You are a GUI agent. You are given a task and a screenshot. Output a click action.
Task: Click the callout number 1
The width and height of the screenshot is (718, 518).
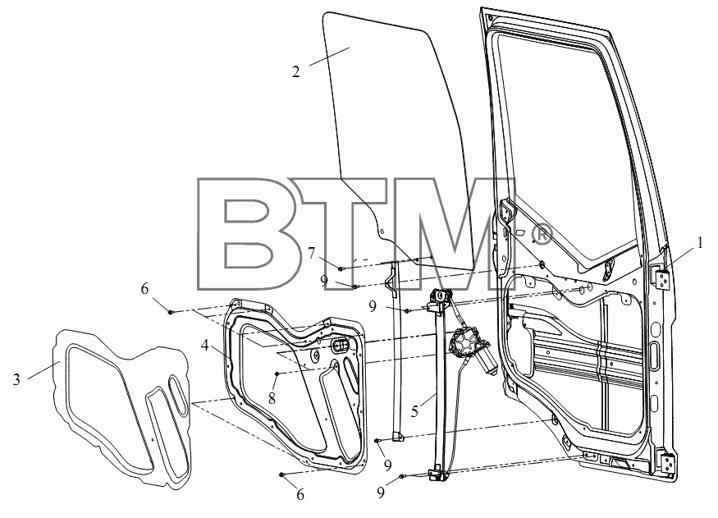tap(700, 243)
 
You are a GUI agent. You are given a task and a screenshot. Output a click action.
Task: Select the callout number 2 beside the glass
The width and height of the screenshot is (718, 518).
tap(296, 72)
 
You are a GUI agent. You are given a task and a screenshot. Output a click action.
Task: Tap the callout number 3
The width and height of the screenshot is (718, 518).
tap(16, 379)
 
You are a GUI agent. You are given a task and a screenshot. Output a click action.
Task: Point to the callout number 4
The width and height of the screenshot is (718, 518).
tap(204, 345)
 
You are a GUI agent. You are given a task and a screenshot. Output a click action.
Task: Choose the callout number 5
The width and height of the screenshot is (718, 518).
tap(414, 410)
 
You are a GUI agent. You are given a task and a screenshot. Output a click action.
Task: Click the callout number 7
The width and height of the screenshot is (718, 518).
tap(311, 253)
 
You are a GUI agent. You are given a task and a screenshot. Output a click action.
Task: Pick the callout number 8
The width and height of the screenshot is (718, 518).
tap(272, 398)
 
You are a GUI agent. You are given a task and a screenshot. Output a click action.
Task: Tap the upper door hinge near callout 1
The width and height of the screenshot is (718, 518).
tap(661, 278)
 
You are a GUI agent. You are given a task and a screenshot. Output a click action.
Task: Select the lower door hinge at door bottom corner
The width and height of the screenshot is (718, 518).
tap(668, 465)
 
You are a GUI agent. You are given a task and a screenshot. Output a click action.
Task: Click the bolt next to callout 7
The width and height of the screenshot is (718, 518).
tap(341, 268)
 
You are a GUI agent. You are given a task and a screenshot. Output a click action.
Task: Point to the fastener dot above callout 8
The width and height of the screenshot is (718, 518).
tap(277, 374)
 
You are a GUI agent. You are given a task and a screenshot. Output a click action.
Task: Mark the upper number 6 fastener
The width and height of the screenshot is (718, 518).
tap(171, 312)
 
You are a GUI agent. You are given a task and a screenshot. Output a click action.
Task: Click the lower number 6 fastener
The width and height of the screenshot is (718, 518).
tap(281, 474)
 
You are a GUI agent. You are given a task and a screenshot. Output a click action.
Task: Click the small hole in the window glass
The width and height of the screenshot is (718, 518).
tap(383, 231)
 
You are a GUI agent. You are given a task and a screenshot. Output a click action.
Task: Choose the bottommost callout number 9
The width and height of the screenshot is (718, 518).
tap(381, 493)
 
